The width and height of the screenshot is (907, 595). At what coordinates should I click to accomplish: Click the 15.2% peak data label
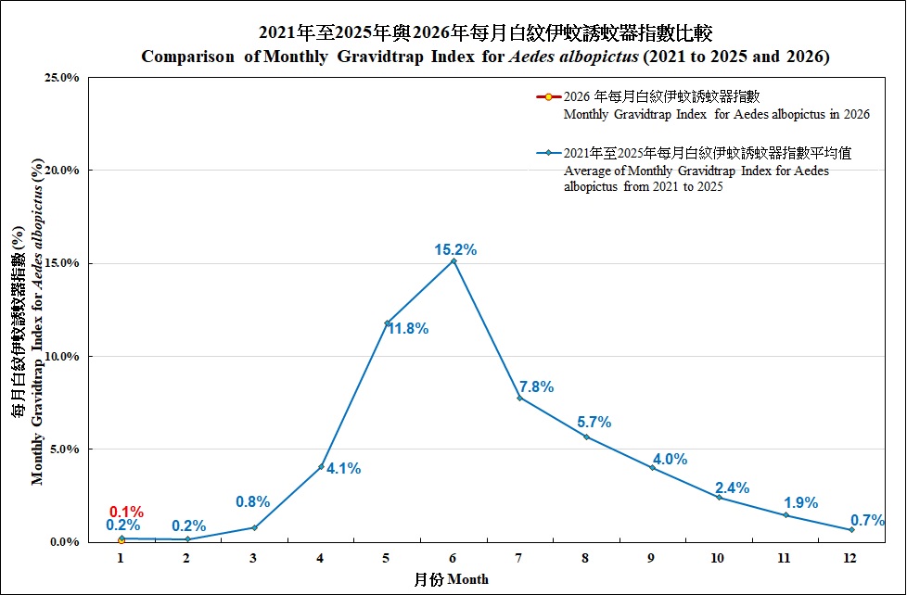[x=455, y=249]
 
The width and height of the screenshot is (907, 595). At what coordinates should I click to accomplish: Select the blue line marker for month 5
[x=387, y=323]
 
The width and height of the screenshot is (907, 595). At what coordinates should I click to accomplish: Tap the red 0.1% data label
[x=126, y=512]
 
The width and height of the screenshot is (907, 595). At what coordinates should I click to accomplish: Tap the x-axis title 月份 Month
[x=451, y=579]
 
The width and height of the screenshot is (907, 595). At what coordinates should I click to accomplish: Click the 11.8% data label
[x=407, y=329]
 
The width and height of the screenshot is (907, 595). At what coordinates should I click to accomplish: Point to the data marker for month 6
[x=453, y=261]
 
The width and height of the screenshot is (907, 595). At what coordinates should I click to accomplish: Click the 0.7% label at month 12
[x=867, y=521]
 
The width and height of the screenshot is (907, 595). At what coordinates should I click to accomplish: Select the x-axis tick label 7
[x=519, y=559]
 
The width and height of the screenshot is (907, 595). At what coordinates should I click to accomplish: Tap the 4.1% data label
[x=343, y=469]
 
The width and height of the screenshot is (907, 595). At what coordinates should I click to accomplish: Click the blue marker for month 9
[x=652, y=468]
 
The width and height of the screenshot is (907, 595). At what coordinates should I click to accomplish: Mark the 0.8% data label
[x=252, y=502]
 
